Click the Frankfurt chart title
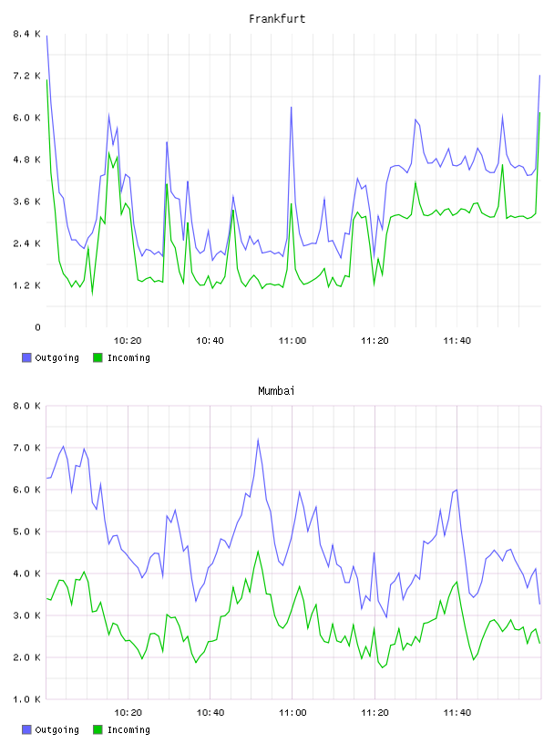pos(277,19)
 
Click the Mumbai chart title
pos(276,391)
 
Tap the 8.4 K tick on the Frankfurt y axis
pos(26,34)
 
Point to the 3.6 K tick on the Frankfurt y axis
pos(26,201)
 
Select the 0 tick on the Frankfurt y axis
pos(37,327)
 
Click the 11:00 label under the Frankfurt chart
pos(292,341)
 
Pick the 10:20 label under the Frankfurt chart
pos(128,341)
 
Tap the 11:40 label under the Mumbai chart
pos(457,713)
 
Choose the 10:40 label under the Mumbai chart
pos(210,713)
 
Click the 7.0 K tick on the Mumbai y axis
pos(26,448)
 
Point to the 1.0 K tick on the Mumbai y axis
pos(26,699)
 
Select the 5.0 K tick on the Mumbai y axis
pos(26,532)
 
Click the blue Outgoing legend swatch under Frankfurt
pos(26,357)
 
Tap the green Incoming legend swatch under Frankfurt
pos(97,357)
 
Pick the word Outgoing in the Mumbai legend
pos(56,730)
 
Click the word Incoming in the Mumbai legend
pos(128,730)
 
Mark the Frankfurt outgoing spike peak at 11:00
pos(292,108)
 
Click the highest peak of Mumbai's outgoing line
pos(258,439)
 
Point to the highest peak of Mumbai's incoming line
pos(258,552)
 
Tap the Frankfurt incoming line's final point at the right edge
pos(539,113)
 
